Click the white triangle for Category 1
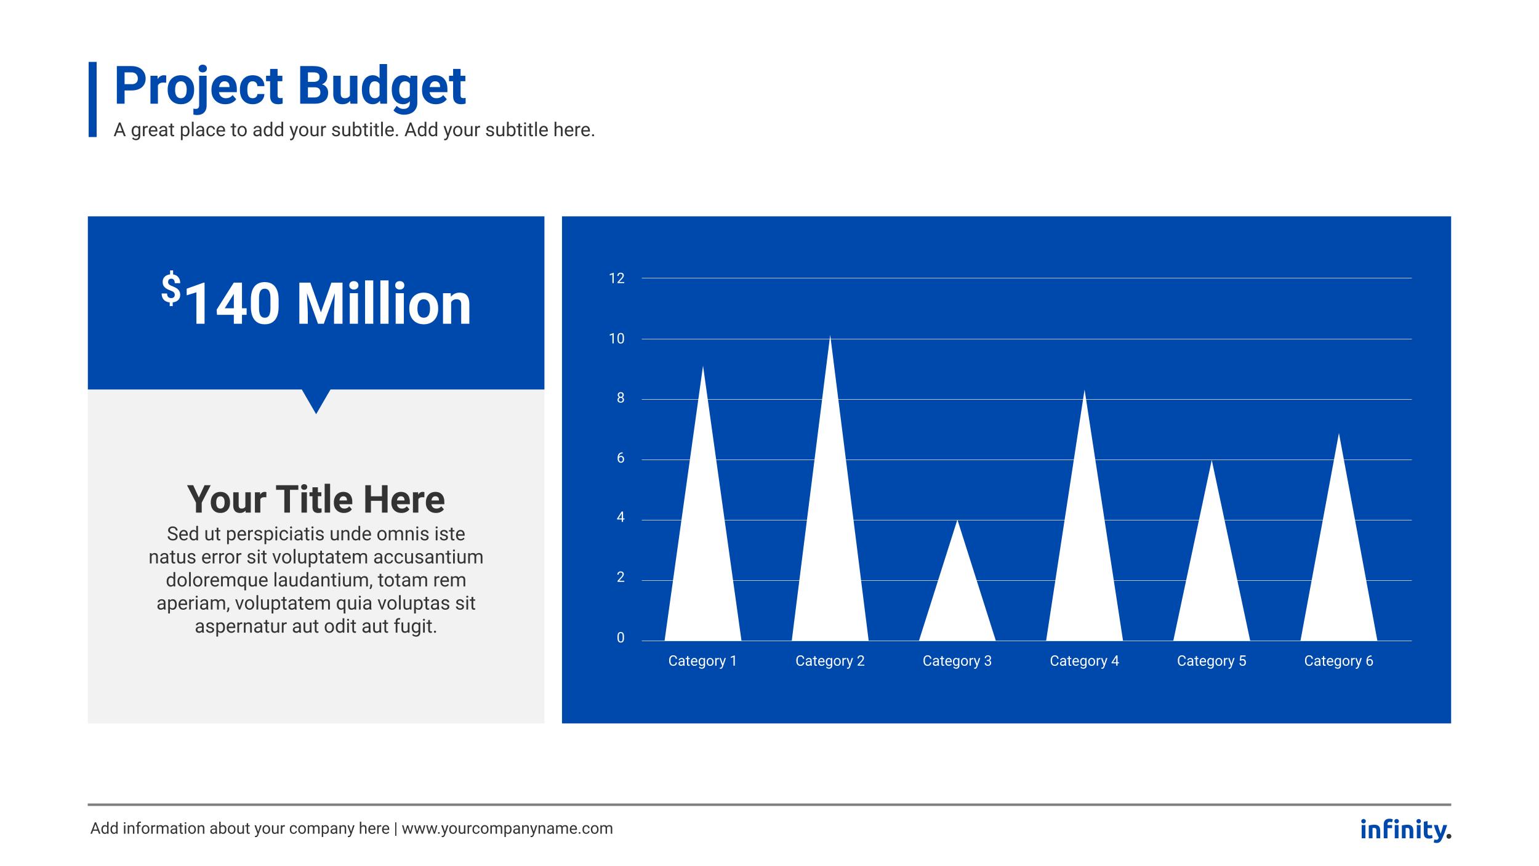(x=702, y=554)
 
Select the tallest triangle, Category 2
(x=830, y=542)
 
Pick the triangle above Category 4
(x=1084, y=554)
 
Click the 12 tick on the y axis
(x=616, y=278)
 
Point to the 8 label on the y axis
(x=620, y=399)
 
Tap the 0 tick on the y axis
(x=620, y=638)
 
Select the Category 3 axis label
(x=957, y=661)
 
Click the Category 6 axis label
(x=1338, y=661)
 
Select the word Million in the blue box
(x=384, y=304)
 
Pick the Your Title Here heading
(x=316, y=499)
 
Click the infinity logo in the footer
(x=1405, y=829)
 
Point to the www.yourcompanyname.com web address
(x=507, y=829)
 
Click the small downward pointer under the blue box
(x=316, y=400)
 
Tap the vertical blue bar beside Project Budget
(x=92, y=99)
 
